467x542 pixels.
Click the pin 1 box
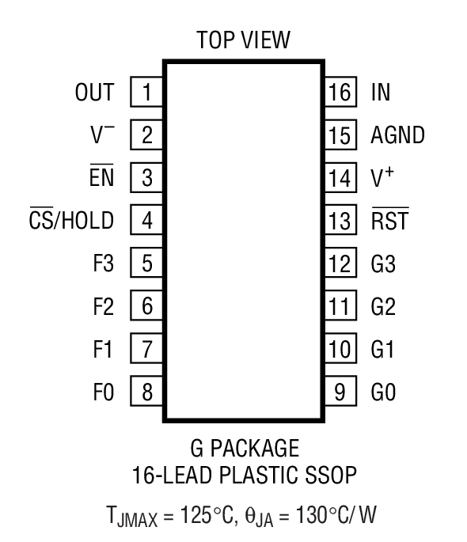click(x=146, y=93)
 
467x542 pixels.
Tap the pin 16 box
click(x=339, y=93)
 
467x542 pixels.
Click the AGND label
click(x=397, y=135)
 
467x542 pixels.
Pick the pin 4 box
click(x=146, y=221)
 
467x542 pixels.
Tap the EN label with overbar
click(x=102, y=178)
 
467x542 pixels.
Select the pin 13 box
click(x=339, y=221)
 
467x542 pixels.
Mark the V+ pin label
click(x=382, y=178)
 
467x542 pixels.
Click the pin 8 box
click(x=146, y=391)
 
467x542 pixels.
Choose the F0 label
click(x=102, y=391)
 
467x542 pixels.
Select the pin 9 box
click(x=339, y=391)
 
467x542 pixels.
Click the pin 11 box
click(x=339, y=306)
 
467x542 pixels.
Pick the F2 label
click(x=102, y=306)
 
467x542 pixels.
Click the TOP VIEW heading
click(x=242, y=39)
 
